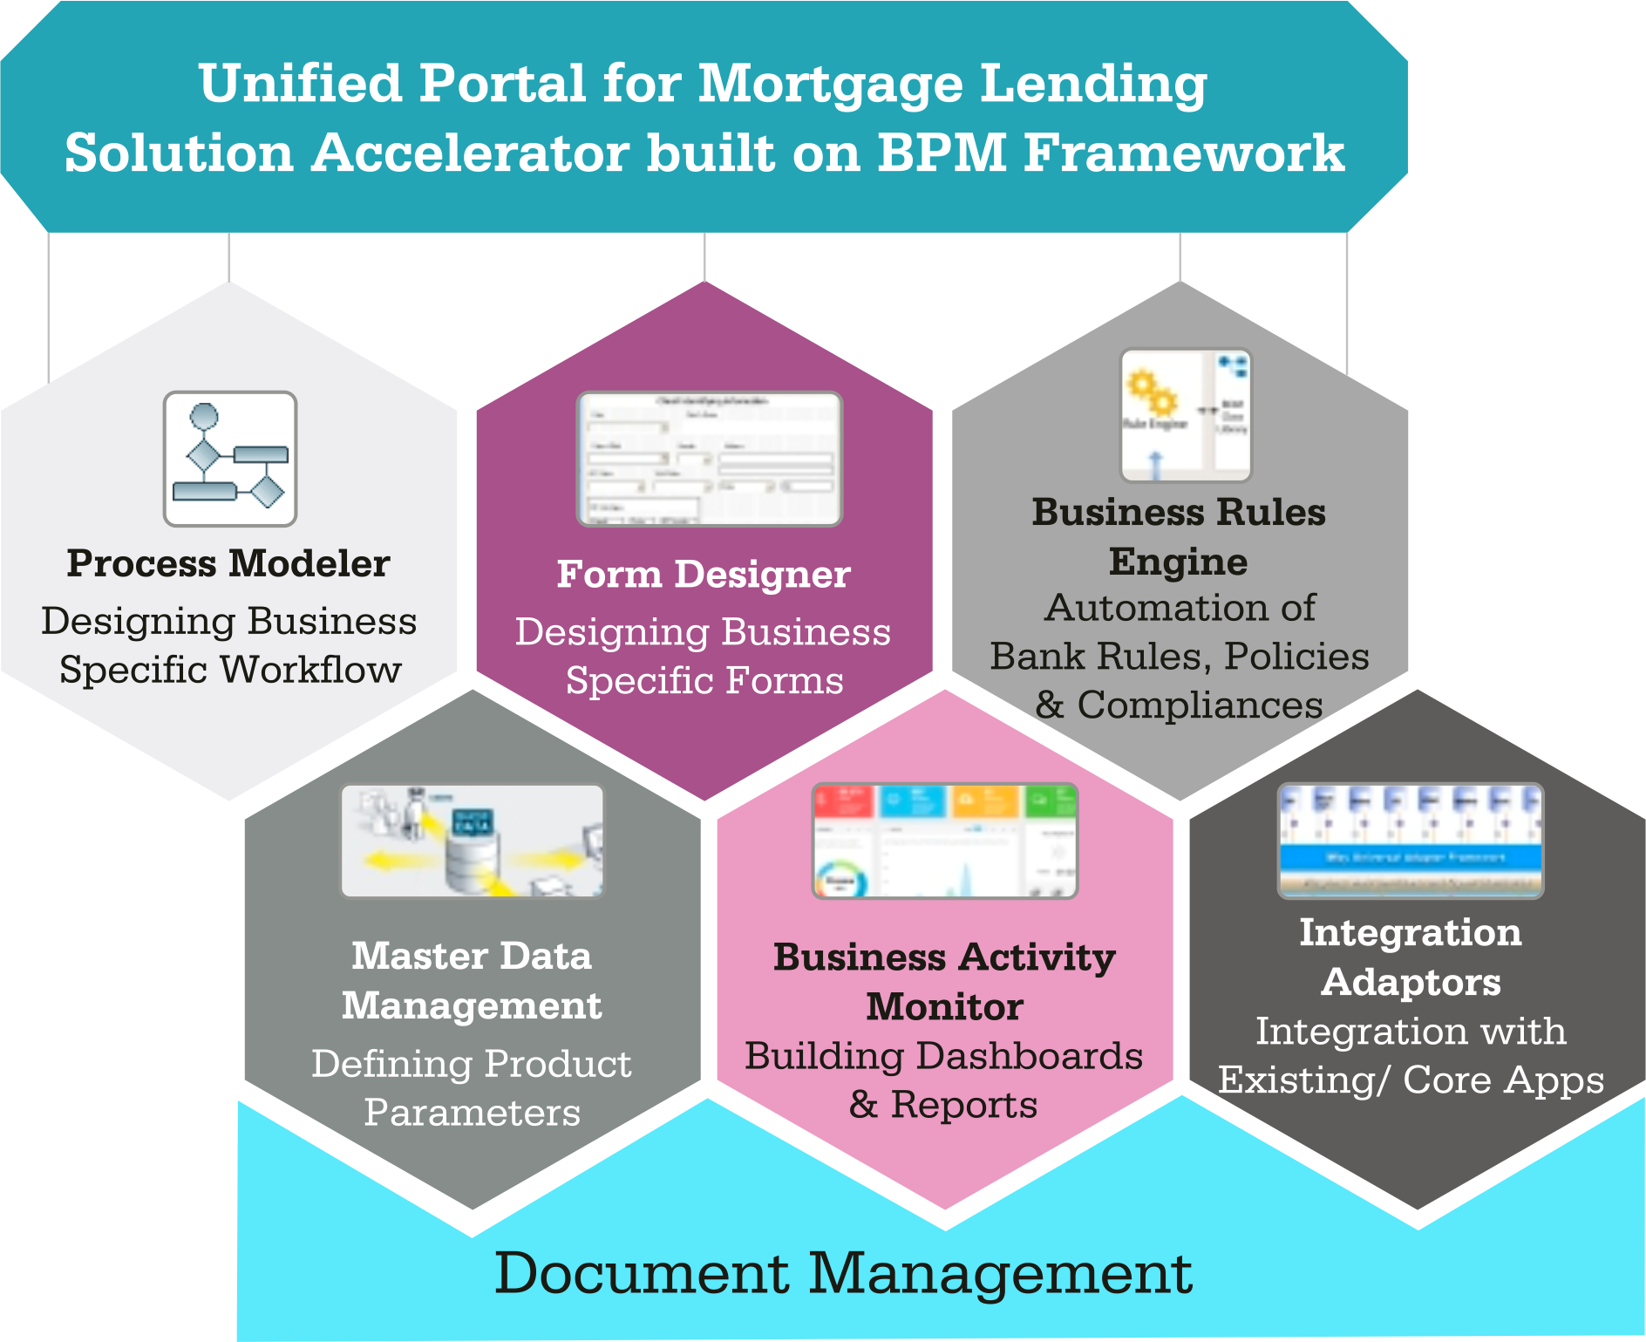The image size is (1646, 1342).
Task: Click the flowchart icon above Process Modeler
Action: (x=230, y=459)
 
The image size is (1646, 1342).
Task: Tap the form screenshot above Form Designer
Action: (x=709, y=459)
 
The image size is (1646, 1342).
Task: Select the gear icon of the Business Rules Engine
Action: (x=1151, y=394)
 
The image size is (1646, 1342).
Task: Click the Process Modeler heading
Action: (x=228, y=563)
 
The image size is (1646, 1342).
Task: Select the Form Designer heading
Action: (x=704, y=574)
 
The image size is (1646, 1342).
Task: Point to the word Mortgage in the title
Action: (x=831, y=85)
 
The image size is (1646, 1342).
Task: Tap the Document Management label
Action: (x=843, y=1273)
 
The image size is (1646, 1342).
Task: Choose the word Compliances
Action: (x=1200, y=705)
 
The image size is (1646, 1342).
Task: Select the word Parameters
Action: (x=472, y=1113)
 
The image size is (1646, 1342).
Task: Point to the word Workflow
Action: (x=310, y=670)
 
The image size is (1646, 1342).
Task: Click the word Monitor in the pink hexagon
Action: (x=944, y=1007)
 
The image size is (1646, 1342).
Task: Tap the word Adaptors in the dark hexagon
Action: (x=1411, y=983)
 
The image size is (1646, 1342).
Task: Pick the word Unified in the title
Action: (x=300, y=84)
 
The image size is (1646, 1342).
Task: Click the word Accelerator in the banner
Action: (x=471, y=153)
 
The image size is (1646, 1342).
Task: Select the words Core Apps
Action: (x=1503, y=1080)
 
